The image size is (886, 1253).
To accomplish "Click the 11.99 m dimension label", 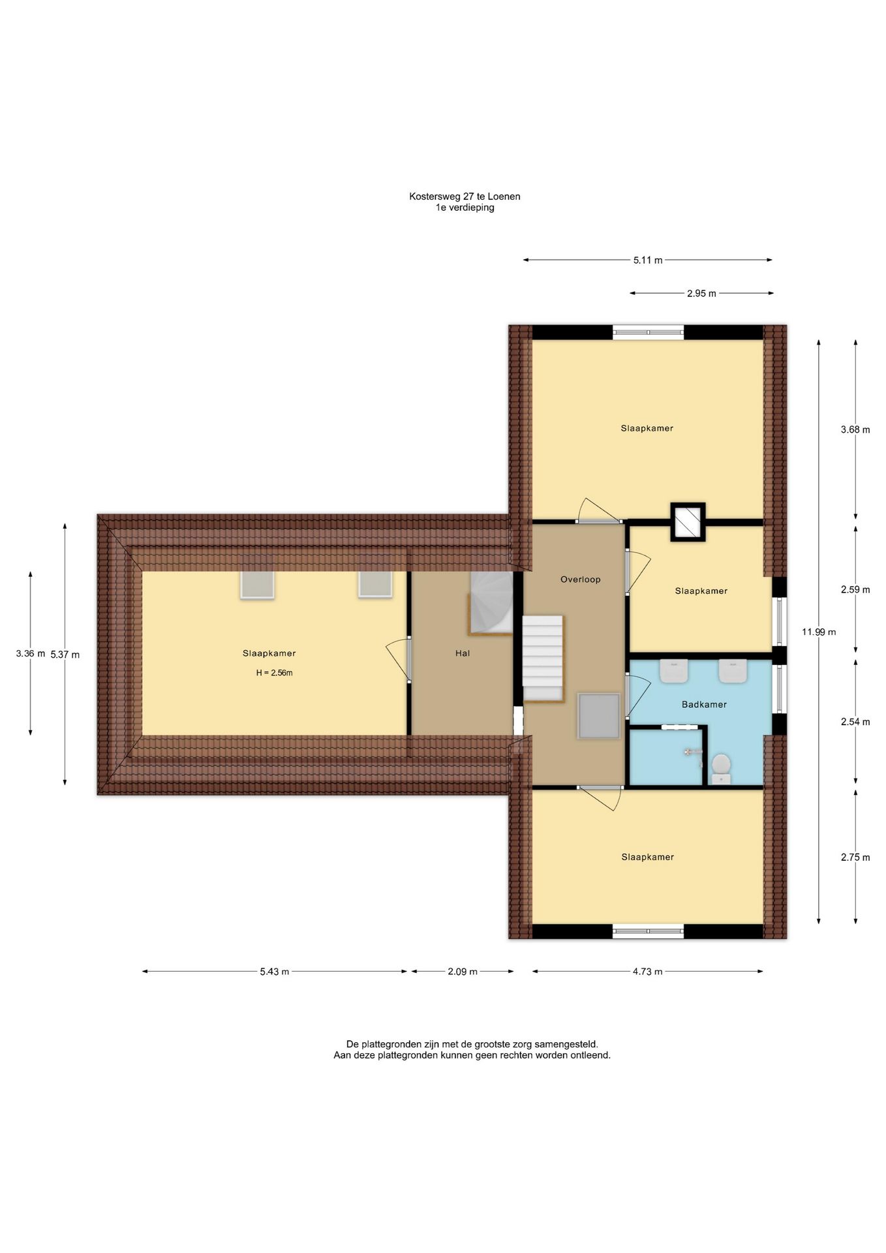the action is pos(819,632).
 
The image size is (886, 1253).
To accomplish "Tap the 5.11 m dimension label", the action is pos(648,260).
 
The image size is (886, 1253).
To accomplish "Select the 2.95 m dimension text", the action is pos(701,294).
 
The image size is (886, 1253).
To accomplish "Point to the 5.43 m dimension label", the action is pos(274,972).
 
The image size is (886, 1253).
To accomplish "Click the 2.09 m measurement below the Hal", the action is pos(463,972).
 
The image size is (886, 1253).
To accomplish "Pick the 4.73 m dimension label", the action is pos(647,972).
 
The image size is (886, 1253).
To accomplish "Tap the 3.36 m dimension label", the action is pos(31,653).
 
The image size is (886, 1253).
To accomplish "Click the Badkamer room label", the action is pos(704,704).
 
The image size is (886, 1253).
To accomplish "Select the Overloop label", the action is pos(581,579).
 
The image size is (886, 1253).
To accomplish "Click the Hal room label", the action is pos(463,653).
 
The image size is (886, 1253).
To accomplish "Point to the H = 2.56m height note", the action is pos(274,673).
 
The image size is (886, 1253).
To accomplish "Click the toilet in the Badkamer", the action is pos(720,769).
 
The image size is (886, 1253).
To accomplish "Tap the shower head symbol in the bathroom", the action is pos(689,752).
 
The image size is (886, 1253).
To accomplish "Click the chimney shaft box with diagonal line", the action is pos(688,522).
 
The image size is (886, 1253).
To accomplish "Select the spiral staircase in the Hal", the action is pos(491,603).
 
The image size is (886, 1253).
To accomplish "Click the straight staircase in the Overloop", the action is pos(543,659).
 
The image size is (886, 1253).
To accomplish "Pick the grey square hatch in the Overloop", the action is pos(598,716).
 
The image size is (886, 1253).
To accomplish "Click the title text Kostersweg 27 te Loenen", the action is pos(465,196).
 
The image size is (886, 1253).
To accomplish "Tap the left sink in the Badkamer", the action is pos(674,671).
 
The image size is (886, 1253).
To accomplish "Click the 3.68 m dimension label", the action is pos(855,429).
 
